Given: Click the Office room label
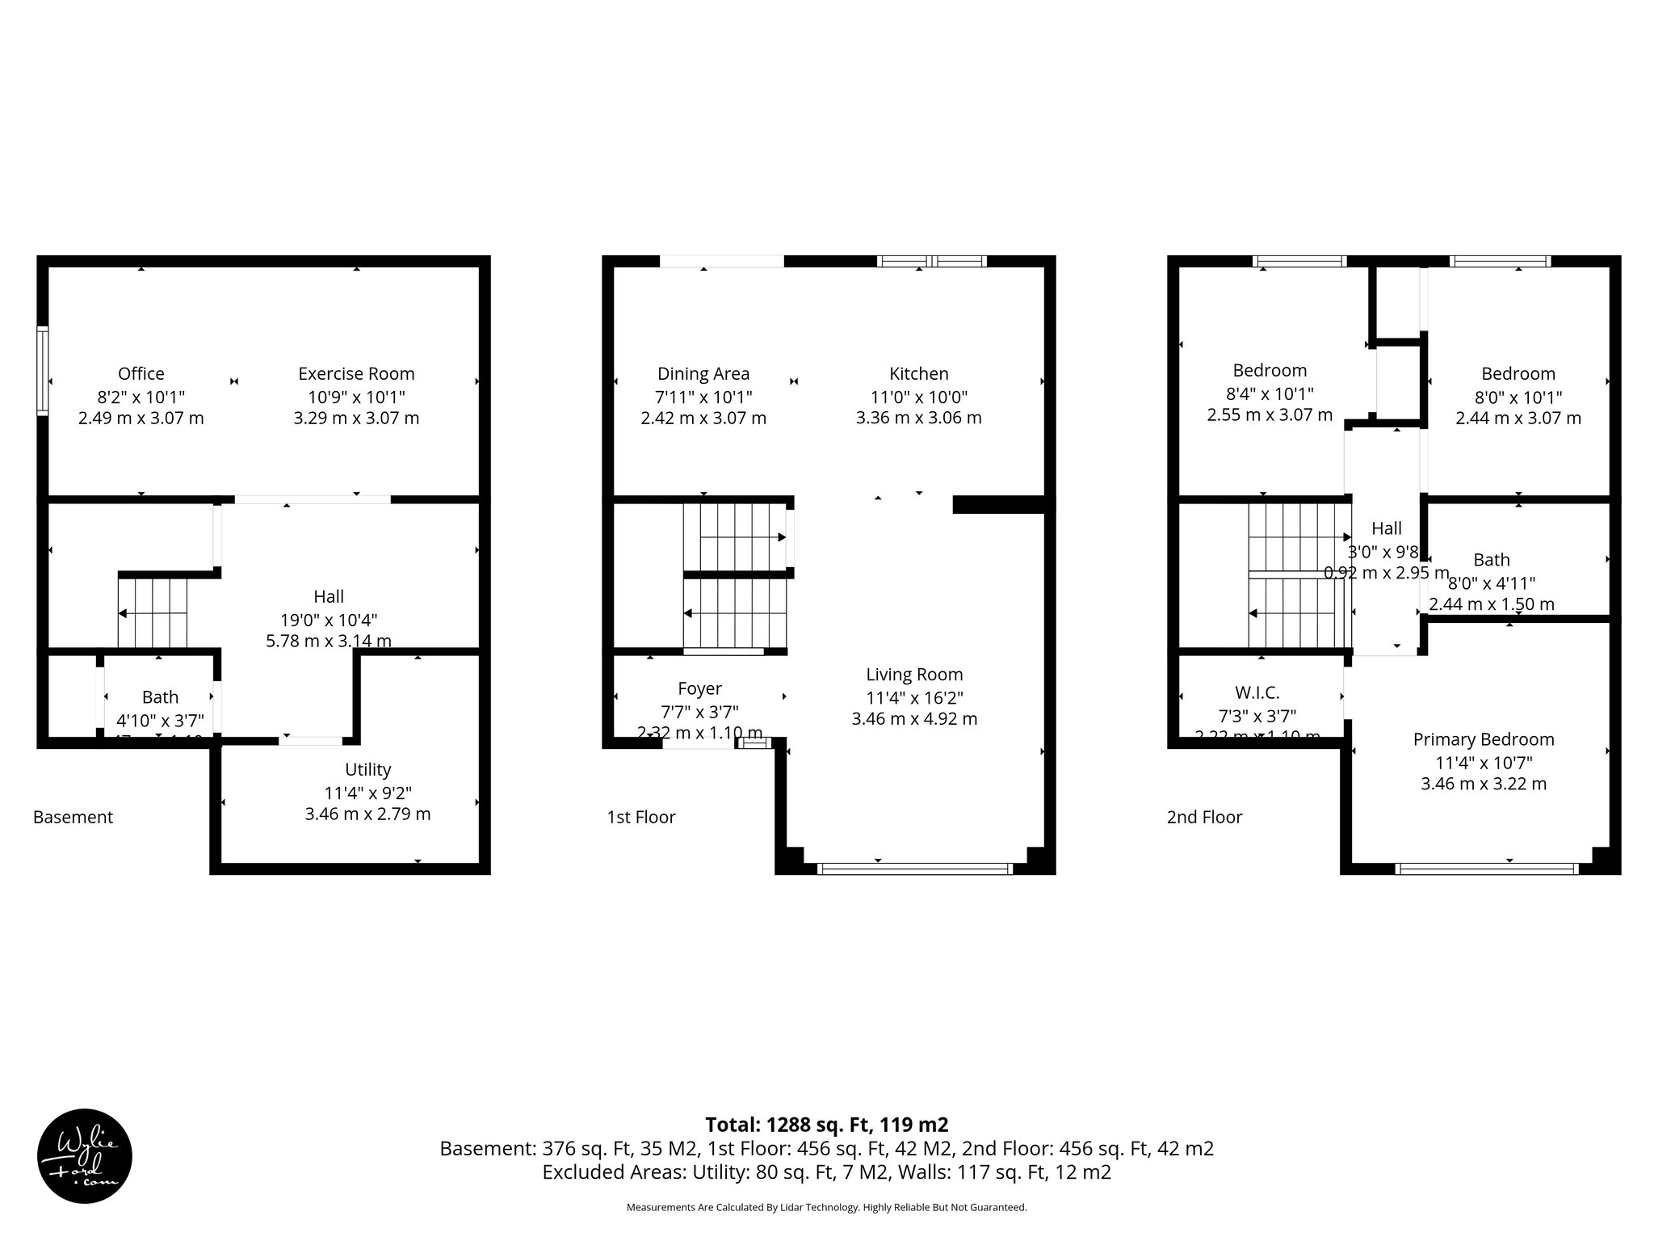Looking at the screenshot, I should point(141,373).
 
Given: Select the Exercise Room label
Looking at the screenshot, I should point(356,373).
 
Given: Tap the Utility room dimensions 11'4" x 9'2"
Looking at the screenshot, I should point(367,793).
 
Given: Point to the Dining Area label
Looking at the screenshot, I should point(703,373).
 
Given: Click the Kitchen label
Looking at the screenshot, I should point(918,373).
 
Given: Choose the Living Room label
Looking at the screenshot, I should point(914,674).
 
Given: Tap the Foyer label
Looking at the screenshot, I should point(699,688).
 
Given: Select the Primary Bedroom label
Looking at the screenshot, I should point(1483,739).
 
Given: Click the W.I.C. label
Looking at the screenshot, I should point(1257,692).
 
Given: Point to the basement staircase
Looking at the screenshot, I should point(153,612).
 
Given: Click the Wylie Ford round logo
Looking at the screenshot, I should point(85,1155).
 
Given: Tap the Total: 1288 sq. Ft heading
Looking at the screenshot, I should point(826,1125).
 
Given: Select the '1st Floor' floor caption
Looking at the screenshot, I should point(640,817).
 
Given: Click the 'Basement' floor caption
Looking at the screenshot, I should point(73,817).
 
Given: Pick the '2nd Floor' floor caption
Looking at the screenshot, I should point(1203,817).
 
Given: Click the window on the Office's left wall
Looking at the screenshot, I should point(43,371).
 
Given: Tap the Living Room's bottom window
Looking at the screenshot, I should point(914,869).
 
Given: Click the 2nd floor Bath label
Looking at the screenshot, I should point(1491,560).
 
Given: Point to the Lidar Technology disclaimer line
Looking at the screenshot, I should point(826,1208).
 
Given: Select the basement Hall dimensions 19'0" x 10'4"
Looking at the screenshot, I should point(329,620).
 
